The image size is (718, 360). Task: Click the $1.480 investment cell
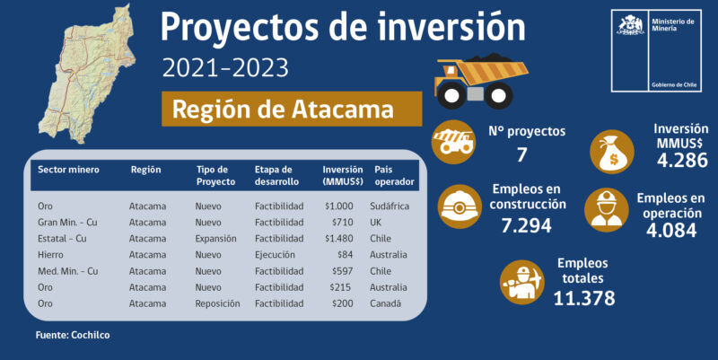tap(339, 239)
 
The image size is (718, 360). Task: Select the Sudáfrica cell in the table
tap(390, 206)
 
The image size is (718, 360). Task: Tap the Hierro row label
tap(50, 255)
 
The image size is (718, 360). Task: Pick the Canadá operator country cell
tap(386, 303)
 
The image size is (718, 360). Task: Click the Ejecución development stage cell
tap(275, 255)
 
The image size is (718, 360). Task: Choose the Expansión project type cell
tap(215, 239)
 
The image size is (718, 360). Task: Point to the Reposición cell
tap(217, 303)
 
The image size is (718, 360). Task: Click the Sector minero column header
tap(68, 170)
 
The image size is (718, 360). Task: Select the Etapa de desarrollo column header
tap(276, 175)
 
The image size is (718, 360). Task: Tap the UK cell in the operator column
tap(375, 222)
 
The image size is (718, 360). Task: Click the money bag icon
tap(612, 152)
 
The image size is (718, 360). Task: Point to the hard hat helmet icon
tap(460, 206)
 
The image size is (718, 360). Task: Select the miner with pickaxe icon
tap(522, 282)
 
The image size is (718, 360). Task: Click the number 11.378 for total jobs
tap(584, 298)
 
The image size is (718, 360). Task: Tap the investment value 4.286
tap(682, 161)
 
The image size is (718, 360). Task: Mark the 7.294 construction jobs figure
tap(527, 225)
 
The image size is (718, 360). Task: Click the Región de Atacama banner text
tap(283, 109)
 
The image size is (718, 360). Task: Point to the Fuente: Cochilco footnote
tap(73, 335)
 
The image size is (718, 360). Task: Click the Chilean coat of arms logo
tap(631, 26)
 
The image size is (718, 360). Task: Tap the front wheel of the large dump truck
tap(451, 95)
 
